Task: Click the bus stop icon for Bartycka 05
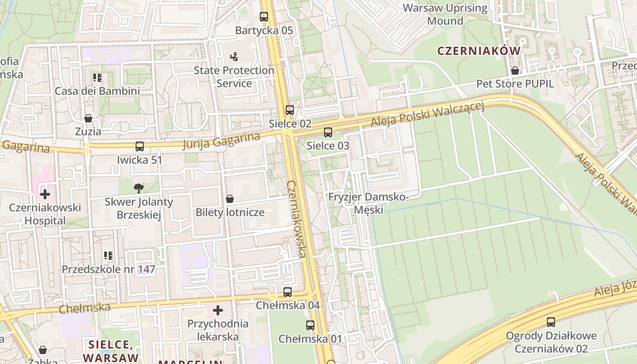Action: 264,17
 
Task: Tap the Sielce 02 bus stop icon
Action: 290,110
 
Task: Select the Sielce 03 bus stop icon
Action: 328,132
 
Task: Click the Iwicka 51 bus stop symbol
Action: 140,147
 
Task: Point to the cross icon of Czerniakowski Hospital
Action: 45,194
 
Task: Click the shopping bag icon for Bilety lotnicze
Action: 230,199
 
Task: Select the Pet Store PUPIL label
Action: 515,84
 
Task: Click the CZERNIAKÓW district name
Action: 479,51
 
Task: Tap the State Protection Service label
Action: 234,76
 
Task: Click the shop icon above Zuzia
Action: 88,118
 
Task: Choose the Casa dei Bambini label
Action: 97,91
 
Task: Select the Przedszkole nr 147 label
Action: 108,269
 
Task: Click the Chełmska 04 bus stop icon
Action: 288,292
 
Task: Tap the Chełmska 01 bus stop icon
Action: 310,325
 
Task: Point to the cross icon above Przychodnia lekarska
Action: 218,310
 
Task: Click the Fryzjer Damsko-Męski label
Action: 369,203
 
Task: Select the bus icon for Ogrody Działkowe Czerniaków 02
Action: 551,322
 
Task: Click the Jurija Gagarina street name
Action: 221,141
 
